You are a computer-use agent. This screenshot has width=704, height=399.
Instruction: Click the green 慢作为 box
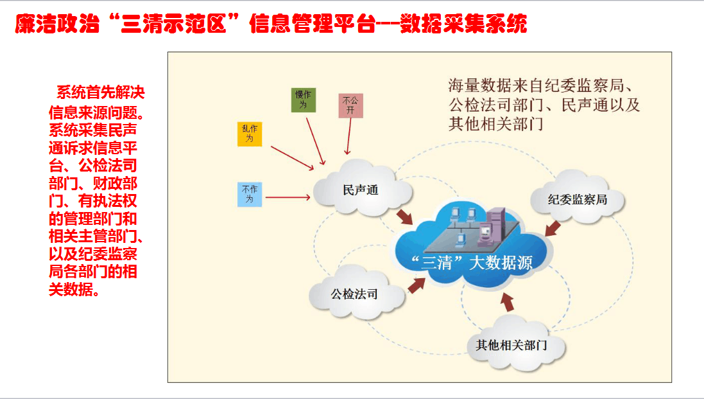tap(303, 100)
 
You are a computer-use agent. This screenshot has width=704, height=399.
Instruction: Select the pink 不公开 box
tap(351, 105)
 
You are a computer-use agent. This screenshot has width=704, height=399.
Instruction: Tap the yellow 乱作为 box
tap(250, 133)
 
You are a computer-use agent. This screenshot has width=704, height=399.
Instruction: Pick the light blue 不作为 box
tap(250, 194)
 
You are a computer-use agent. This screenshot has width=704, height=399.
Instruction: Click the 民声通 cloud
tap(361, 190)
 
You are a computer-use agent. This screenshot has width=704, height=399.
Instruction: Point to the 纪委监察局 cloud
tap(577, 199)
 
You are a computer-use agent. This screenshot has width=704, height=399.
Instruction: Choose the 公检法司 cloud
tap(354, 295)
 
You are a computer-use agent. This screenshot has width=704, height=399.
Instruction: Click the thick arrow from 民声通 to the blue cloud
tap(404, 217)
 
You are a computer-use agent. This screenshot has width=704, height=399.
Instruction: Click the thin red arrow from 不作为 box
tap(288, 198)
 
